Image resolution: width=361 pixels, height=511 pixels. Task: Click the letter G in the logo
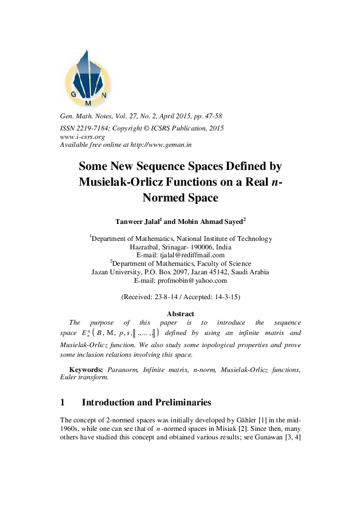73,95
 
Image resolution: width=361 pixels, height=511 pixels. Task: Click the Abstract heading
180,313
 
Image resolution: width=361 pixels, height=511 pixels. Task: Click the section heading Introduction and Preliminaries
146,402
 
